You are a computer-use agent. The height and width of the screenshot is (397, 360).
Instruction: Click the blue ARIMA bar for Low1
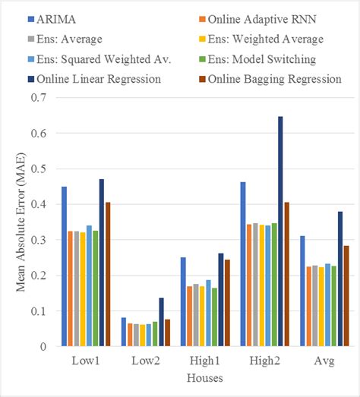(64, 266)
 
